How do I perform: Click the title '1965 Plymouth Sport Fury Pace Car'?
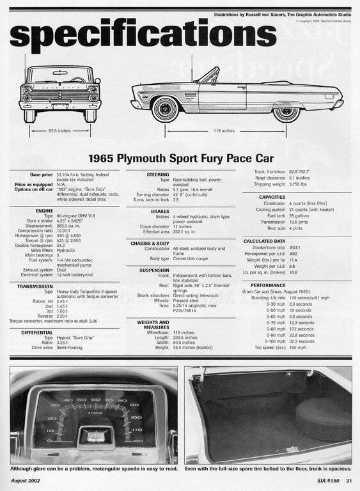click(x=181, y=158)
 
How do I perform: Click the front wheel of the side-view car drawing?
click(x=166, y=108)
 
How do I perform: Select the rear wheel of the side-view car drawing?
click(x=286, y=109)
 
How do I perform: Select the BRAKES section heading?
click(x=160, y=210)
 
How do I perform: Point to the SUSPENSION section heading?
click(x=155, y=270)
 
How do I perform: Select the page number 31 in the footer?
click(x=349, y=481)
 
